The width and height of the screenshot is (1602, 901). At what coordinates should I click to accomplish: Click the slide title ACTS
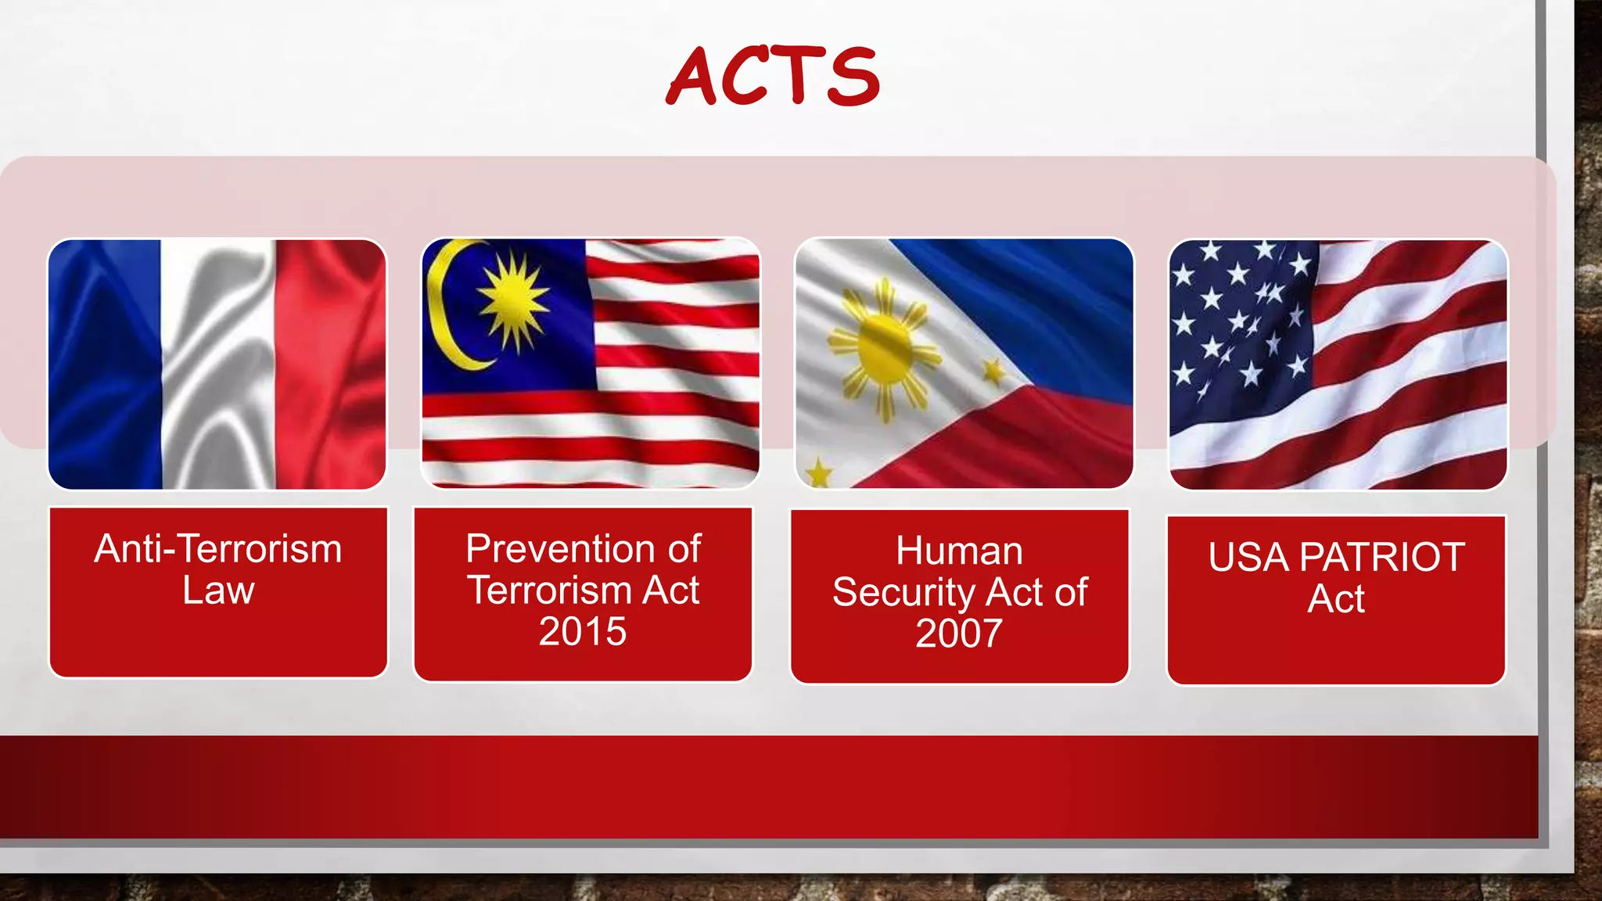pos(773,76)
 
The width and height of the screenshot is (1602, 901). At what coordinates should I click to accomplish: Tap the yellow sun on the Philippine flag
pos(885,348)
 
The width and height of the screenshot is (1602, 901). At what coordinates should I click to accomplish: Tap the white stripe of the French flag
pos(218,364)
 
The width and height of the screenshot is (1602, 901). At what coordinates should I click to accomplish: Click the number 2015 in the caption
pos(583,631)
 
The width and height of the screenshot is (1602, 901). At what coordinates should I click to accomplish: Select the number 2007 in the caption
pos(959,634)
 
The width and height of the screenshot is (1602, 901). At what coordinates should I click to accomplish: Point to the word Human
pos(959,551)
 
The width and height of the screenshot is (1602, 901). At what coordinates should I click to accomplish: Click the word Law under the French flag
pos(218,590)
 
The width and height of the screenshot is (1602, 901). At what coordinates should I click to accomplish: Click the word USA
pos(1248,558)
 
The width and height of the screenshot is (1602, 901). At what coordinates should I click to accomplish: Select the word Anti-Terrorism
pos(218,548)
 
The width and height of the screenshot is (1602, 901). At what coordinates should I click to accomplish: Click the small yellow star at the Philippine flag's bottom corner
pos(819,473)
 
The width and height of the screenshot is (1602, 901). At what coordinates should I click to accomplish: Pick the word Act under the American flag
pos(1336,599)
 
